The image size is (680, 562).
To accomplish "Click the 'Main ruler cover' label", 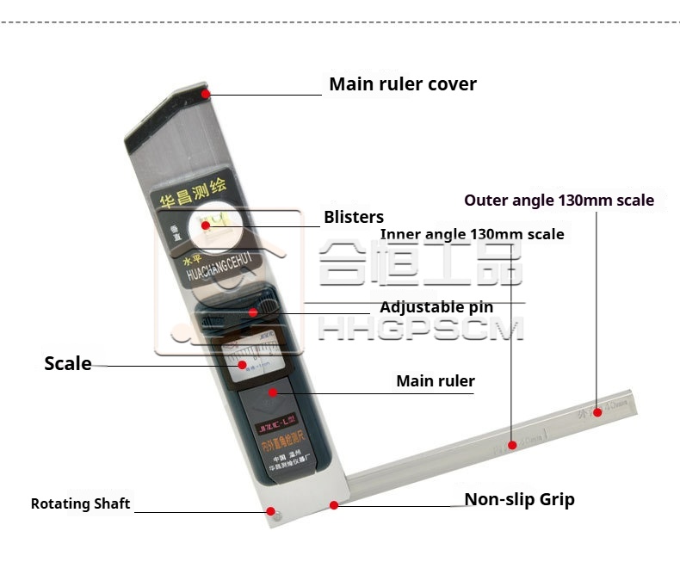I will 402,84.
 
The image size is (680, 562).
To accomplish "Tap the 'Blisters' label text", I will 354,217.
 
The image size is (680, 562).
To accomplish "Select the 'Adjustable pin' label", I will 436,307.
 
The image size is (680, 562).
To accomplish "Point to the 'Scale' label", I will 68,363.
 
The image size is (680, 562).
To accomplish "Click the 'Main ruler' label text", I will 435,380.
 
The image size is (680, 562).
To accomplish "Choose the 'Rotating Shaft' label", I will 80,503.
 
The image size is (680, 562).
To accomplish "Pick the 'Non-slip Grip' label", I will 519,499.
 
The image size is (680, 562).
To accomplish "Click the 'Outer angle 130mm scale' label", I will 559,201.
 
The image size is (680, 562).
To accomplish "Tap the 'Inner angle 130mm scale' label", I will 472,234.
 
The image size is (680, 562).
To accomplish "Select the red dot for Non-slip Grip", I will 334,504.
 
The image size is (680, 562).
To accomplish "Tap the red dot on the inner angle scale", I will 512,445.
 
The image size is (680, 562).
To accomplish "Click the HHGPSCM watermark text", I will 421,328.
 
